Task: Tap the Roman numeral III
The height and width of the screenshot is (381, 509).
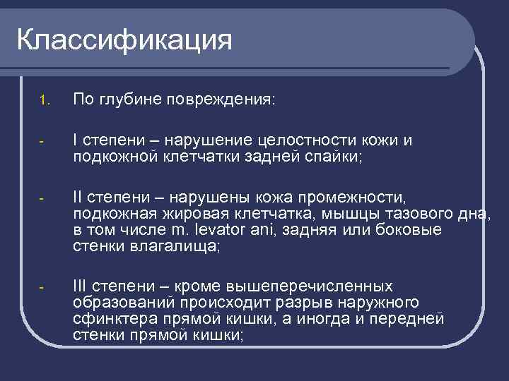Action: point(82,286)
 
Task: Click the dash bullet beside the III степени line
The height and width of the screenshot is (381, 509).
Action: point(42,287)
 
